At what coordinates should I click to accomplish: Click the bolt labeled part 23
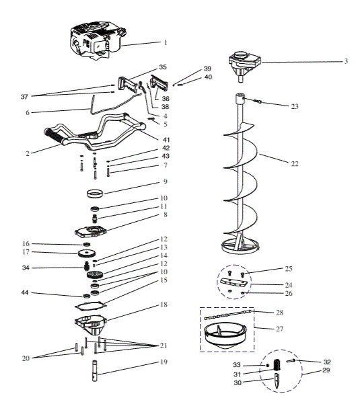coord(259,102)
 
